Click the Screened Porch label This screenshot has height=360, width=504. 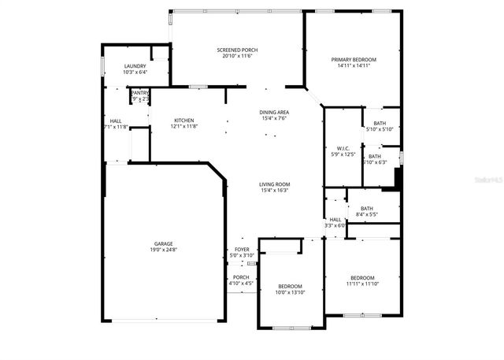[237, 50]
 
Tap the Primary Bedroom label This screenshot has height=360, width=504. [354, 60]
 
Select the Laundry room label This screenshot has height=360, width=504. [135, 66]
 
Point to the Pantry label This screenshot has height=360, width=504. [140, 93]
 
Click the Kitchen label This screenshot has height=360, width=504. [184, 120]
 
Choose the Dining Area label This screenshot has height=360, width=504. [274, 113]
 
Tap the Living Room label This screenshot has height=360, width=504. [275, 184]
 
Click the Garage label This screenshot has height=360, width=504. [164, 243]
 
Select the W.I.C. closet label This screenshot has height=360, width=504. [343, 148]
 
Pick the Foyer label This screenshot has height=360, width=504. [241, 250]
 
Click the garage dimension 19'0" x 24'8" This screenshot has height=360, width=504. [164, 250]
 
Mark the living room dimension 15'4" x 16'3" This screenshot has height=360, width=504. [275, 191]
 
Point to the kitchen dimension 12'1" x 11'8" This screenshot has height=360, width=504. [184, 126]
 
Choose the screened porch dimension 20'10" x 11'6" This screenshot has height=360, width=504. [237, 56]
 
